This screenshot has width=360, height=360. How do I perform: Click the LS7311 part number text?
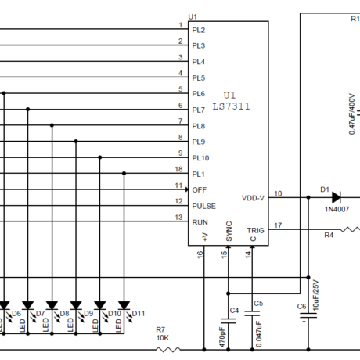point(232,106)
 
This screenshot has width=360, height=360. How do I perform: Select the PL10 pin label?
point(200,158)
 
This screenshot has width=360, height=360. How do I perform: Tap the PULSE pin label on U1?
point(204,206)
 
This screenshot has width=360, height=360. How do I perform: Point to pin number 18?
point(178,169)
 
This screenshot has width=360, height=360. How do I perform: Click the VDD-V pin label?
point(253,198)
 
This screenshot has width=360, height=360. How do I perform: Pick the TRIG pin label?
point(256,230)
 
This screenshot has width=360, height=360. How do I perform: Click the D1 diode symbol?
point(337,197)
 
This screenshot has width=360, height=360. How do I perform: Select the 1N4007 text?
point(337,209)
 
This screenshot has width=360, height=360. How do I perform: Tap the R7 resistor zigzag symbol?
point(168,350)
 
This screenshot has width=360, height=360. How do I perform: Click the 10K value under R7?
point(163,338)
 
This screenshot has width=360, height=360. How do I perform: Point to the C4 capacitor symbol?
point(229,321)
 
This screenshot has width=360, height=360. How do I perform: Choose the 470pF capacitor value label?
point(222,337)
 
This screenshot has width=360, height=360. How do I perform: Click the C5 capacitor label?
point(258,304)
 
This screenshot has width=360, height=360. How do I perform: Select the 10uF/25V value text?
point(315,295)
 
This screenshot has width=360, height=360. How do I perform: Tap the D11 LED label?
point(139,313)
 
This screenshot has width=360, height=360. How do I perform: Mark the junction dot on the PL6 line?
point(4,93)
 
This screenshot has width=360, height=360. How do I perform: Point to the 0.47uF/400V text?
point(352,114)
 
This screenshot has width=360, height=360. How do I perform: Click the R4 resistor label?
point(329,235)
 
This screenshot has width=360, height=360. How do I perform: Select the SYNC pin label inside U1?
point(229,232)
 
